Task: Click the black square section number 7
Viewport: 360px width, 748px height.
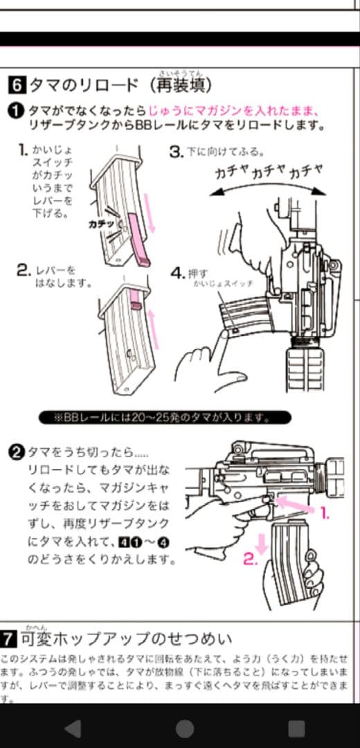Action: tap(9, 638)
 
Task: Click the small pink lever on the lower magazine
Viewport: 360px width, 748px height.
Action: tap(136, 301)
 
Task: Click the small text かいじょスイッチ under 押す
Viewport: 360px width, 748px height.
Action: tap(223, 285)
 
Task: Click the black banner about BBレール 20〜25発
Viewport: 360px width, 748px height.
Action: tap(163, 418)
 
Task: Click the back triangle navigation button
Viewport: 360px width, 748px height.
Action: tap(72, 728)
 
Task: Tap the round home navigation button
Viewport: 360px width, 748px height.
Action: tap(184, 728)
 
